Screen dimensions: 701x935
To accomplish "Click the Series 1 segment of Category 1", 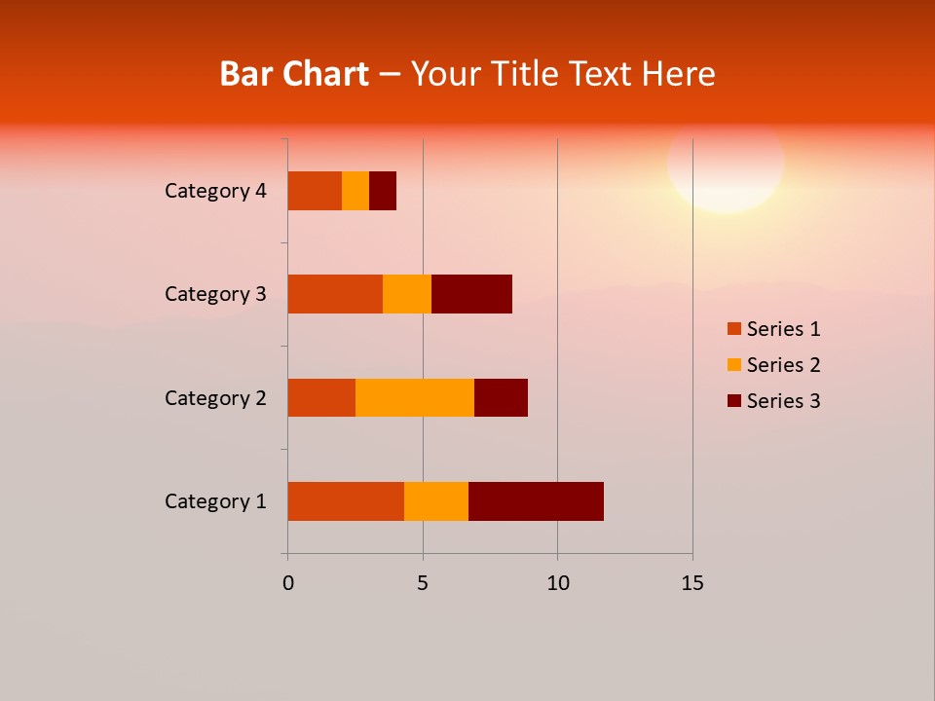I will (x=346, y=501).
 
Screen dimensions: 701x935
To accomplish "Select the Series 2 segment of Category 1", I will (x=436, y=501).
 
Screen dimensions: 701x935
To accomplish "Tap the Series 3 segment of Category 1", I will (x=536, y=501).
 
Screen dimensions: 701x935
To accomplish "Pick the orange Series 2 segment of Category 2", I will (x=415, y=397).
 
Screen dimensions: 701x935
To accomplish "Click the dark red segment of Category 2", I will (x=501, y=397).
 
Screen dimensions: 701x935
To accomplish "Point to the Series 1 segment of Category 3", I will (x=335, y=294).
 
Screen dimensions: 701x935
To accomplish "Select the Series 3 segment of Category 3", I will (x=471, y=294).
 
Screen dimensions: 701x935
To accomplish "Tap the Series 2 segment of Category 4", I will (x=355, y=191).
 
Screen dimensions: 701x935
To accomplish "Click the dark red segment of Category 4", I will (x=383, y=191).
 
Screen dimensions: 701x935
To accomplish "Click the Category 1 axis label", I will (x=215, y=501).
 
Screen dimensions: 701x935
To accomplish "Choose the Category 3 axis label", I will (x=215, y=294).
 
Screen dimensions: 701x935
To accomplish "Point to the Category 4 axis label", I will (x=215, y=191).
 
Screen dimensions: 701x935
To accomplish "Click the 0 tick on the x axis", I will (x=288, y=583).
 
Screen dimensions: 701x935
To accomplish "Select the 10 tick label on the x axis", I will (x=557, y=583).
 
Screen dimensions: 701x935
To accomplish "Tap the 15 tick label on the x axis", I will (x=692, y=583).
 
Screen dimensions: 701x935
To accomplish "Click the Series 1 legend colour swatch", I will (x=734, y=329).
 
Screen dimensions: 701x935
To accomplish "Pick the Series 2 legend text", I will (x=783, y=365).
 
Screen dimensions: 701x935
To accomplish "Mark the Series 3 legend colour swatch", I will (x=734, y=401).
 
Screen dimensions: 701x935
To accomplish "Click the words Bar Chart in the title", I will (x=294, y=74).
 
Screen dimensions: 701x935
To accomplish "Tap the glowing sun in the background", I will (x=726, y=162).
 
